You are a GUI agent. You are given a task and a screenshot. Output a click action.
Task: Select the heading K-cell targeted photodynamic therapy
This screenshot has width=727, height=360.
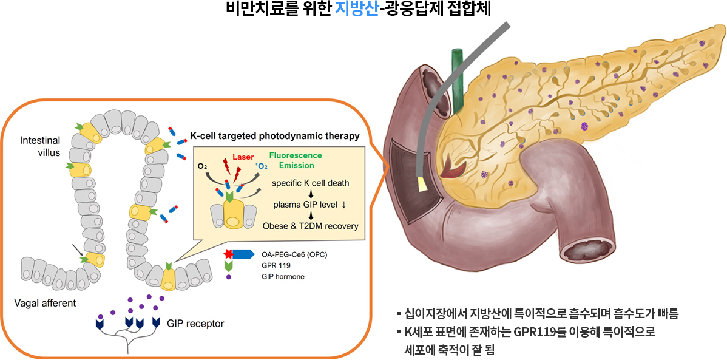(275, 137)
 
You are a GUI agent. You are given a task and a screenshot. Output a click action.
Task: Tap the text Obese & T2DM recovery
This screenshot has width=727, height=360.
(311, 226)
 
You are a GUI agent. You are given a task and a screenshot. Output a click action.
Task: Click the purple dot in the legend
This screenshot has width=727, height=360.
(228, 277)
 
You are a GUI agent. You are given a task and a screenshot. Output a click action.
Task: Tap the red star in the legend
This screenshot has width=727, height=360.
(228, 254)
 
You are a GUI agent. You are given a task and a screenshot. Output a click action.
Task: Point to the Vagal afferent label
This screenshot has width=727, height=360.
(44, 304)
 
